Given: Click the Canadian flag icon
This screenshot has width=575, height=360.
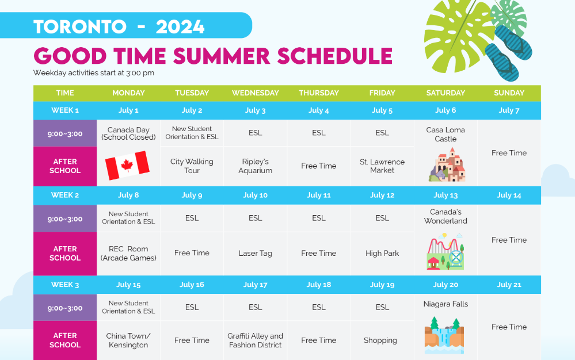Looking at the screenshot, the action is pyautogui.click(x=127, y=166).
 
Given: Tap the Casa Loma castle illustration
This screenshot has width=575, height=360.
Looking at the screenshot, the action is pyautogui.click(x=447, y=165).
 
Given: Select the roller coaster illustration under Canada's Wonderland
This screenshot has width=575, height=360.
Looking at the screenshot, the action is pyautogui.click(x=445, y=251).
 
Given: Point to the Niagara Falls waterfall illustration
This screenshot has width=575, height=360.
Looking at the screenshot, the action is pyautogui.click(x=444, y=335).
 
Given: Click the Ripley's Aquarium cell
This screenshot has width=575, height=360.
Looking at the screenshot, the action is pyautogui.click(x=255, y=166).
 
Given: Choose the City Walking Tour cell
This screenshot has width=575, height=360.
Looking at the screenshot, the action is pyautogui.click(x=192, y=166).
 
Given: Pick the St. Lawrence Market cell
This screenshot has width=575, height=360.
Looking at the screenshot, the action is pyautogui.click(x=382, y=166).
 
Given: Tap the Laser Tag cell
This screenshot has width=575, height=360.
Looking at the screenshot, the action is pyautogui.click(x=255, y=253).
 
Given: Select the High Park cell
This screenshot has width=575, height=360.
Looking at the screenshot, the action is pyautogui.click(x=382, y=253).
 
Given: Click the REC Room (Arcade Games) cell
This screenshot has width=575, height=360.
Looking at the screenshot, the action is pyautogui.click(x=128, y=253).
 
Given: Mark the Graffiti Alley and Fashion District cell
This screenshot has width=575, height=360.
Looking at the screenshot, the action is pyautogui.click(x=255, y=340).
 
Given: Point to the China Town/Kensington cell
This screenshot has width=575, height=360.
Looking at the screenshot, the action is pyautogui.click(x=128, y=340).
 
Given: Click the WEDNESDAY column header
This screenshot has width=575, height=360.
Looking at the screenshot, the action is pyautogui.click(x=255, y=93).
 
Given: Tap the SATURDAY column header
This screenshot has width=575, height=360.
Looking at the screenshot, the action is pyautogui.click(x=445, y=93).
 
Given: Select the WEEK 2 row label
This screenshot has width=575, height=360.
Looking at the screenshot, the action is pyautogui.click(x=65, y=195).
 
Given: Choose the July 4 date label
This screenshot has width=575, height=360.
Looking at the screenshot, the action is pyautogui.click(x=319, y=110).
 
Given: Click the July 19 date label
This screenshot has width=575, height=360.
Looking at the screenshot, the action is pyautogui.click(x=382, y=285).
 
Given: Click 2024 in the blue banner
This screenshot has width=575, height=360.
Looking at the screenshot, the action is pyautogui.click(x=180, y=26).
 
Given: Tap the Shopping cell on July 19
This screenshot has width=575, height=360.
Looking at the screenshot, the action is pyautogui.click(x=380, y=340).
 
